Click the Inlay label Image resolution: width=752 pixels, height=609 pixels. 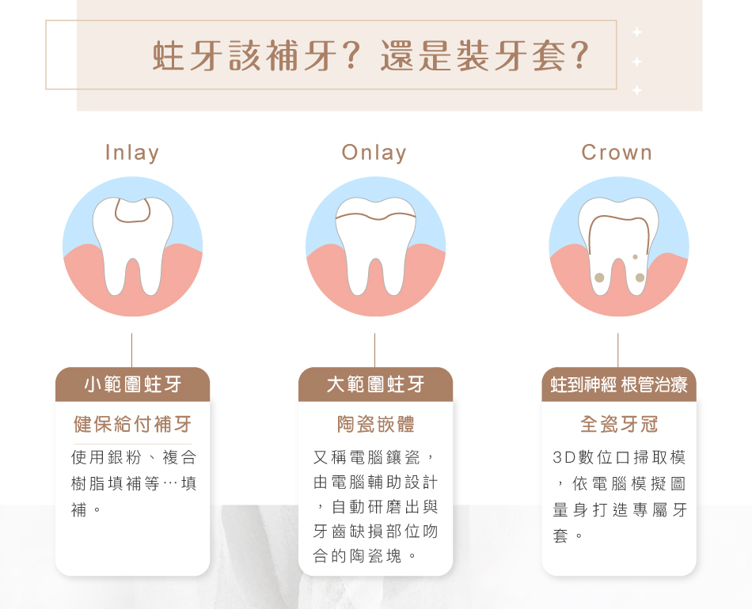pyautogui.click(x=132, y=153)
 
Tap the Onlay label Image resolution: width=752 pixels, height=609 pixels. pyautogui.click(x=374, y=153)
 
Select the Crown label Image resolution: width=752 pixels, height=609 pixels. pyautogui.click(x=617, y=153)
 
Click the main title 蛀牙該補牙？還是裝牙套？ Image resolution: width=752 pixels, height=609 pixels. pyautogui.click(x=371, y=55)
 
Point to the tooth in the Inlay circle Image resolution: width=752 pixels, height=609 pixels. pyautogui.click(x=133, y=244)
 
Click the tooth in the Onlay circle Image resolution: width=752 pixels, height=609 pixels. pyautogui.click(x=376, y=244)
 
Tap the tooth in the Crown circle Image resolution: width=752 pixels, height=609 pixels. pyautogui.click(x=619, y=244)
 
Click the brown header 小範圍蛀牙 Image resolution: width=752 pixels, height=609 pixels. pyautogui.click(x=133, y=384)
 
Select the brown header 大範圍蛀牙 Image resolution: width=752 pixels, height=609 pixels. pyautogui.click(x=375, y=384)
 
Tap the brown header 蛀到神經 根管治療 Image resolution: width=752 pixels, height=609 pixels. pyautogui.click(x=619, y=384)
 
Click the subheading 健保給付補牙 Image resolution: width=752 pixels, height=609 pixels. pyautogui.click(x=132, y=424)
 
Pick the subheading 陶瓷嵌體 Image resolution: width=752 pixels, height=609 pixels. pyautogui.click(x=375, y=424)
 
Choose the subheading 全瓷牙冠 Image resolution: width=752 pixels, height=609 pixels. pyautogui.click(x=619, y=424)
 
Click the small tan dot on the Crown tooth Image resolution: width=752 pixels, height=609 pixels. pyautogui.click(x=636, y=257)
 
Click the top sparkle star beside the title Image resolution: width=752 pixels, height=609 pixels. pyautogui.click(x=637, y=32)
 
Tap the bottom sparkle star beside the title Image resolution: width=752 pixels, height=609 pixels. pyautogui.click(x=637, y=90)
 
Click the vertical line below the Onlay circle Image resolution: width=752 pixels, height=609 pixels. pyautogui.click(x=375, y=350)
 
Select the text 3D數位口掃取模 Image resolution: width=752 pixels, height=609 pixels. pyautogui.click(x=619, y=458)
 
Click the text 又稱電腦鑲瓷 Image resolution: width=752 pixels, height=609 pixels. pyautogui.click(x=367, y=458)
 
